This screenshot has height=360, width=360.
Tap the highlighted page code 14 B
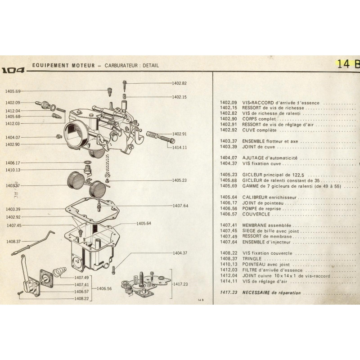pos(348,63)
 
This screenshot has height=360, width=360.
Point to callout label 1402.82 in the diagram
pos(179,83)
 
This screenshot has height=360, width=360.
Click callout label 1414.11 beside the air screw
pos(179,147)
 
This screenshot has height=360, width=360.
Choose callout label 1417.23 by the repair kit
pos(179,284)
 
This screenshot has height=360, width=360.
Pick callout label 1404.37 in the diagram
pos(179,253)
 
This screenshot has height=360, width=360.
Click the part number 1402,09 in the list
pos(228,103)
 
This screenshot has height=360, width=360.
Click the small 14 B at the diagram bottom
pos(201,300)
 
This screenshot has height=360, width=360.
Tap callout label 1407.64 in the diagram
pos(179,206)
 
